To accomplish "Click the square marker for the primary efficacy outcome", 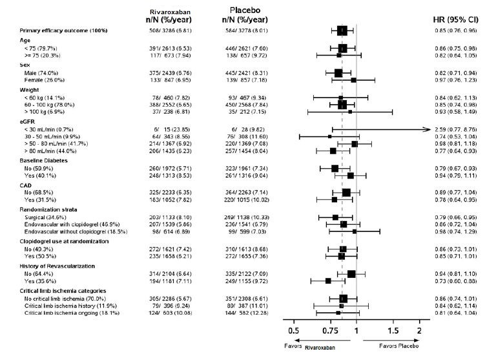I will [342, 30].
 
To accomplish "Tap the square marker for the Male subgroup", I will [338, 72].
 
